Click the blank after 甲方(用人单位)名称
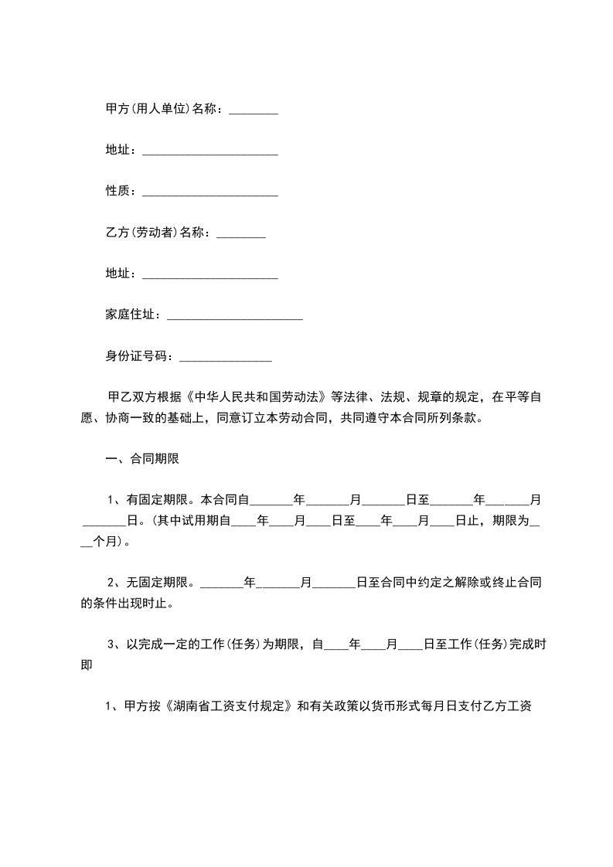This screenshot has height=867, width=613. tap(254, 111)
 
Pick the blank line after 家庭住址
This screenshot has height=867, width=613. tap(234, 316)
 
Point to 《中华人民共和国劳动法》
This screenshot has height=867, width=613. tap(259, 398)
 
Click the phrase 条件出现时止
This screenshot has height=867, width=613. tap(136, 601)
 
